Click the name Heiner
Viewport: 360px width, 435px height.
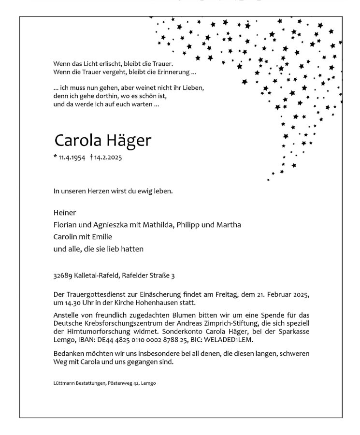[65, 213]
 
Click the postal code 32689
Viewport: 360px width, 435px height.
[63, 276]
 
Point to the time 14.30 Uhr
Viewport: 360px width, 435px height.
[78, 303]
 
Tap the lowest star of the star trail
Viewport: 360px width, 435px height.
[268, 180]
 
